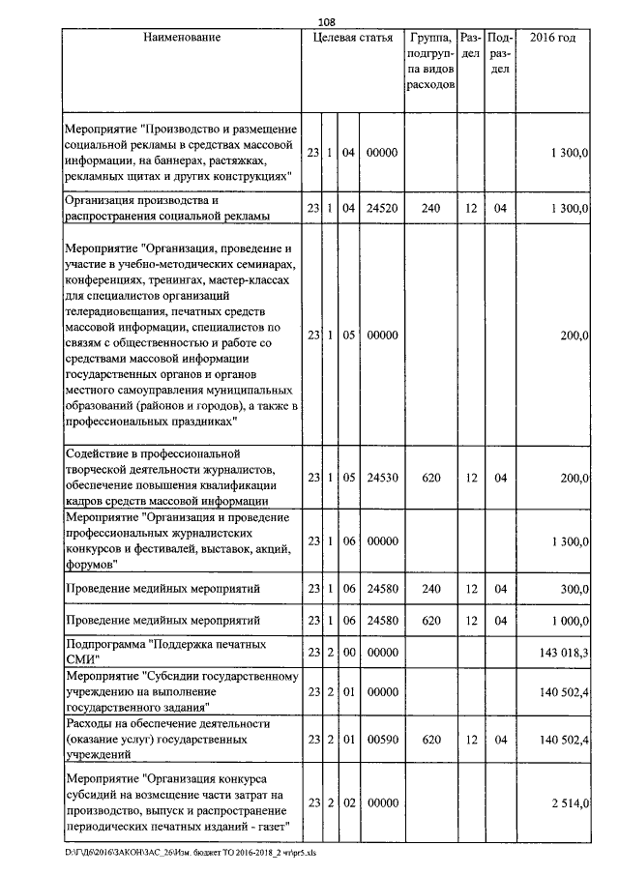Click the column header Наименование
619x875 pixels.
[182, 38]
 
